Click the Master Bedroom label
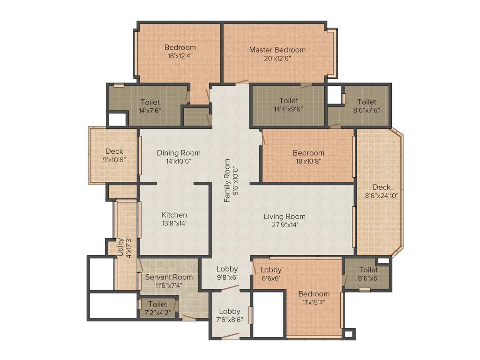pyautogui.click(x=277, y=50)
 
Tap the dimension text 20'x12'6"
pyautogui.click(x=277, y=58)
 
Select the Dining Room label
pyautogui.click(x=179, y=153)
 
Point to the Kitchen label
pyautogui.click(x=174, y=215)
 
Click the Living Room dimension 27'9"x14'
pyautogui.click(x=285, y=225)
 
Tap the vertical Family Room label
pyautogui.click(x=227, y=181)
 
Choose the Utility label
pyautogui.click(x=120, y=247)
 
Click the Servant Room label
pyautogui.click(x=169, y=277)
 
